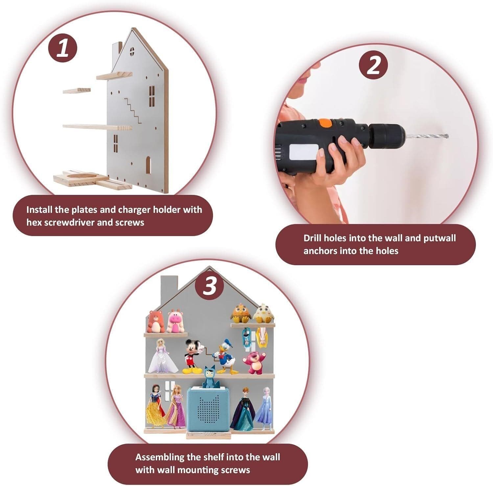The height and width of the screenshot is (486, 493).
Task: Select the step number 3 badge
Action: [x=209, y=287]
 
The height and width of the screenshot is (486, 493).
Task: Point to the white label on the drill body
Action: [x=301, y=153]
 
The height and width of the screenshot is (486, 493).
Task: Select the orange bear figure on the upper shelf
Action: [x=157, y=322]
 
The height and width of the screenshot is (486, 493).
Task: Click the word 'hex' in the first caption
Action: [x=34, y=222]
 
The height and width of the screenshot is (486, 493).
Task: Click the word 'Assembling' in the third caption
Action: [x=157, y=457]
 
